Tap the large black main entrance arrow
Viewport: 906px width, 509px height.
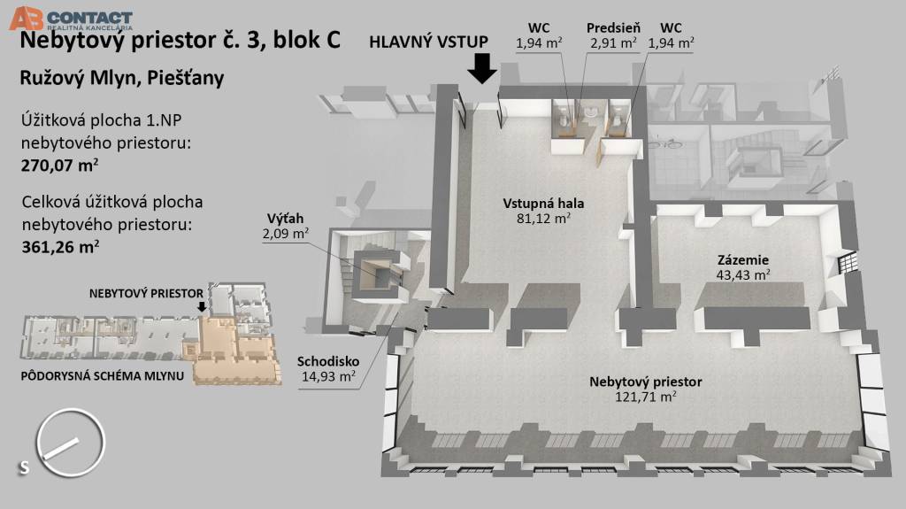[x=483, y=67]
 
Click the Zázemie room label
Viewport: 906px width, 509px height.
[x=742, y=260]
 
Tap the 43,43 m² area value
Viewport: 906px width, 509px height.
[x=742, y=275]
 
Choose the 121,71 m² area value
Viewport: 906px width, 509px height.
[x=646, y=397]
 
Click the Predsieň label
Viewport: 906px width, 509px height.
[x=612, y=27]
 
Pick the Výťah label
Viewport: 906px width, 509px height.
[x=287, y=219]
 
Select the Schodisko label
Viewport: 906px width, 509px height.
[x=328, y=361]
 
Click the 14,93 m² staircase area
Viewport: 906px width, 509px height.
[x=328, y=376]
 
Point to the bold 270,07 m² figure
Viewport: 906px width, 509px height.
[x=59, y=164]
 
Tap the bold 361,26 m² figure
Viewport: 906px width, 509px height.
[x=59, y=246]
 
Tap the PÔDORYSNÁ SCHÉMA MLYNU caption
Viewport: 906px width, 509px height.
[x=102, y=376]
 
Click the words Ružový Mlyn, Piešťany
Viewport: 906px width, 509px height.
[x=121, y=78]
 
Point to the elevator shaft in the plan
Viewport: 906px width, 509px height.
[x=375, y=274]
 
